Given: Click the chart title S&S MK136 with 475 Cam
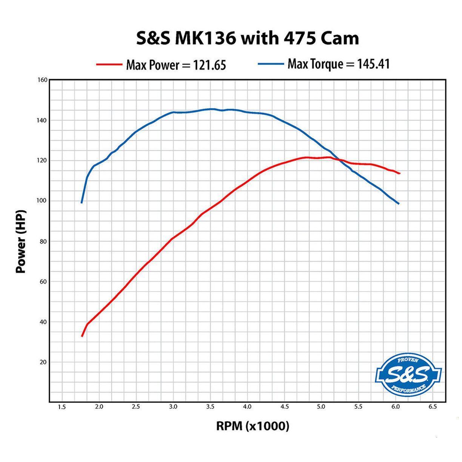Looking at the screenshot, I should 247,38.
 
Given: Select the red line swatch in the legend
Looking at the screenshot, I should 109,65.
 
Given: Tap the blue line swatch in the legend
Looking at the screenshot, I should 271,64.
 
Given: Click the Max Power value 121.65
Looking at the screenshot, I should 209,65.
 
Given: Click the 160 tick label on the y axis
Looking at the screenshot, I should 42,80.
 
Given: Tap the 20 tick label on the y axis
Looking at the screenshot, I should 43,362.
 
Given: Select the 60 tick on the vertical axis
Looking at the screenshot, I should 43,282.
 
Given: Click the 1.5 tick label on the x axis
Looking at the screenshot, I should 62,407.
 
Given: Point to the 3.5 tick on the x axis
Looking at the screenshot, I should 210,407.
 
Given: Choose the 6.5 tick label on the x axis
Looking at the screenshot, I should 433,407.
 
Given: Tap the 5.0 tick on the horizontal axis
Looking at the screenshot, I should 321,407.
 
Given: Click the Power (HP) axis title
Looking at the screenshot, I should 21,241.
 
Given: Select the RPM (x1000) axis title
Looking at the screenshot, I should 253,426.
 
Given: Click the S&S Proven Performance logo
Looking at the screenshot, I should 408,374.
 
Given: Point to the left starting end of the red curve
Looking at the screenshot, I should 82,336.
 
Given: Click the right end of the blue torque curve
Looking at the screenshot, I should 398,204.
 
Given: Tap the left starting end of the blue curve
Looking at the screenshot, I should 82,203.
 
